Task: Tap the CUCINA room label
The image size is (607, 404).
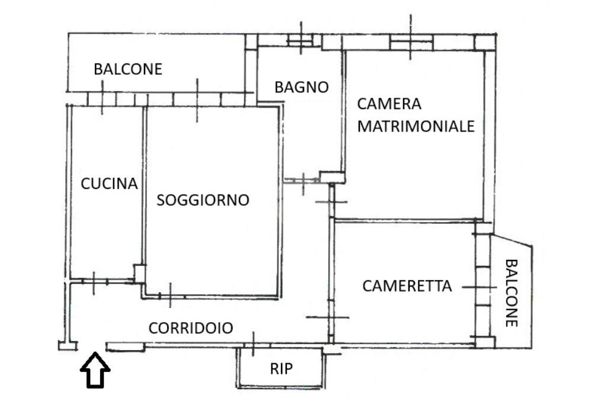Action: pyautogui.click(x=109, y=184)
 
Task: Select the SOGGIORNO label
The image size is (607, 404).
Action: pyautogui.click(x=203, y=200)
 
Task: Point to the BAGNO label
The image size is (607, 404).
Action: pyautogui.click(x=301, y=88)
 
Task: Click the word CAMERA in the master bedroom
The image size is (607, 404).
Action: pyautogui.click(x=389, y=104)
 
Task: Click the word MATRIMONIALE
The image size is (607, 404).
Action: pyautogui.click(x=416, y=126)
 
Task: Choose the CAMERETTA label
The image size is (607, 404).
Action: pyautogui.click(x=407, y=286)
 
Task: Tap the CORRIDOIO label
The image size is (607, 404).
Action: pyautogui.click(x=190, y=328)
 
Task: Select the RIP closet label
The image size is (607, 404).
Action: pyautogui.click(x=281, y=369)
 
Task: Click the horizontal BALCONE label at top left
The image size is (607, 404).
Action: pyautogui.click(x=127, y=69)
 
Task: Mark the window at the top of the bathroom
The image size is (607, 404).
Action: pyautogui.click(x=302, y=40)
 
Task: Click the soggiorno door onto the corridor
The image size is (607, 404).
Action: pyautogui.click(x=170, y=295)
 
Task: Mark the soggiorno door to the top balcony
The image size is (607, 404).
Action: pyautogui.click(x=197, y=99)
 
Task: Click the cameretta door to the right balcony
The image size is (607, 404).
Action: pyautogui.click(x=483, y=287)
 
